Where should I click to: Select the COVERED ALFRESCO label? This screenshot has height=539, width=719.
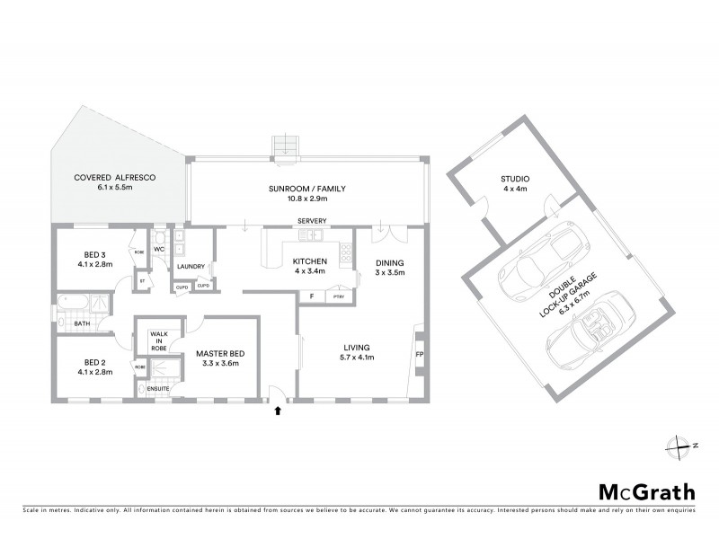pos(115,179)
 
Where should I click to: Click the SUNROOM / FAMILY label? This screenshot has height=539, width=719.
pos(306,189)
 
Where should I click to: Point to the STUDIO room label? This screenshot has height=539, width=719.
pos(515,179)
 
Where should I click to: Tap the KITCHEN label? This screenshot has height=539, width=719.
pos(308,261)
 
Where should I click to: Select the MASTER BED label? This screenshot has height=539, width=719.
pos(220,354)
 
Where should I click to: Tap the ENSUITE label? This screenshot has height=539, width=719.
pos(158,388)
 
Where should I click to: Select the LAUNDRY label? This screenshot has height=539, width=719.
pos(192,266)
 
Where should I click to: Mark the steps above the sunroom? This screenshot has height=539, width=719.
pos(287,147)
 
